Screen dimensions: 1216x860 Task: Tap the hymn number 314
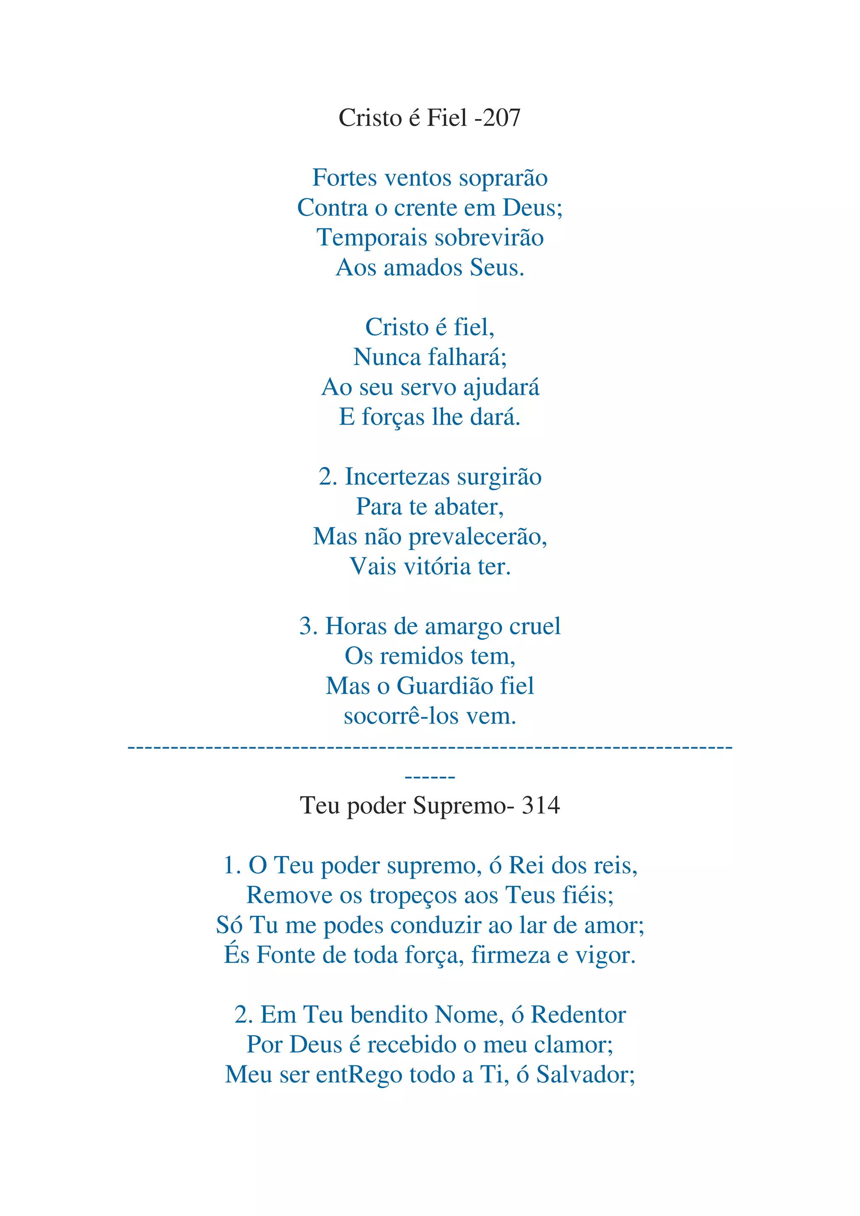[540, 806]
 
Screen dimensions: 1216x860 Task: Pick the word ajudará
[501, 387]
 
